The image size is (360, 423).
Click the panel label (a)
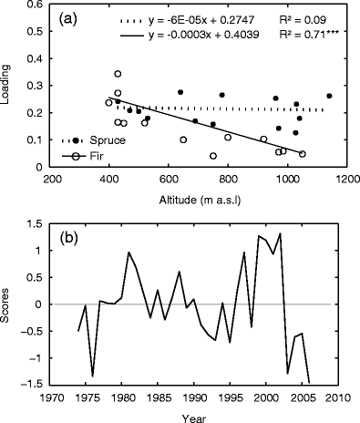click(x=73, y=17)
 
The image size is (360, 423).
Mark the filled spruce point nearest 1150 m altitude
click(x=329, y=96)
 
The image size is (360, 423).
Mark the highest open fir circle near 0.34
click(x=118, y=74)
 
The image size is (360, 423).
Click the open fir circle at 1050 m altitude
click(x=302, y=154)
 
